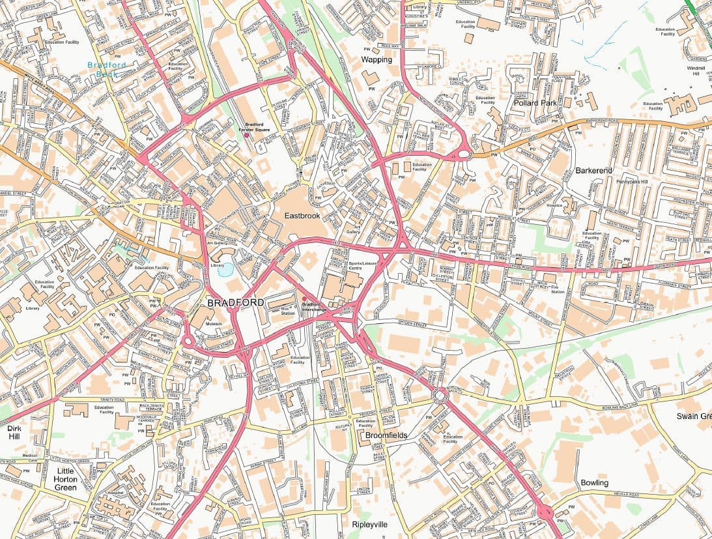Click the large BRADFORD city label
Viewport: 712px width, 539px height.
tap(235, 302)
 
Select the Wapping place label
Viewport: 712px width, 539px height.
tap(377, 59)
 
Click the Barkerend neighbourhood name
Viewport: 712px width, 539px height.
tap(593, 170)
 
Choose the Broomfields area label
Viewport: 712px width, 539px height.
tap(386, 434)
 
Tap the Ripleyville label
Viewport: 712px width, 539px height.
tap(369, 524)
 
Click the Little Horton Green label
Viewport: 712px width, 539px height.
tap(66, 479)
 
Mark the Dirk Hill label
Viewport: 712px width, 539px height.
tap(14, 433)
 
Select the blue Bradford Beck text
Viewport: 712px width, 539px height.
tap(106, 69)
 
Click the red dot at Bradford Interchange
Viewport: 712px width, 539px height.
tap(304, 299)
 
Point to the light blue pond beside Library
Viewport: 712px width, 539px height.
tap(225, 270)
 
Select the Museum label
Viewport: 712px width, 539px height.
tap(214, 324)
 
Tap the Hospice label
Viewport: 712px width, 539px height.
tap(554, 205)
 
